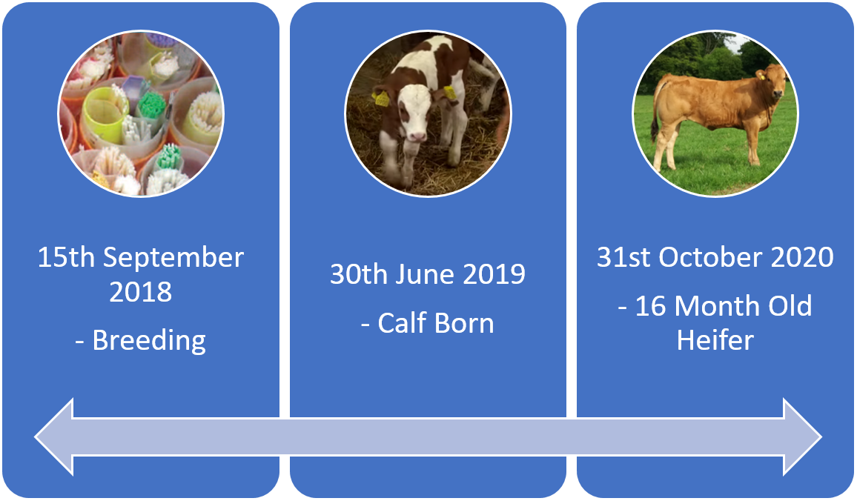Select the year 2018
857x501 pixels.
[140, 292]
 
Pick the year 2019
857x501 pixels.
[494, 274]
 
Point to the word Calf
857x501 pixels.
[402, 323]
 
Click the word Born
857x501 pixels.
[464, 323]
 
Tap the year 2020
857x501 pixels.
[801, 257]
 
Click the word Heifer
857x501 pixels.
[715, 340]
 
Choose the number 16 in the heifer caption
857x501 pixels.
[651, 307]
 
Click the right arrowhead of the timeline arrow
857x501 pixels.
[803, 437]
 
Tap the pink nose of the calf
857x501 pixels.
[417, 136]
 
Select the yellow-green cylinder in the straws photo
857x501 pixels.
[105, 114]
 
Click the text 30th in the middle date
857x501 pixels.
[360, 274]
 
